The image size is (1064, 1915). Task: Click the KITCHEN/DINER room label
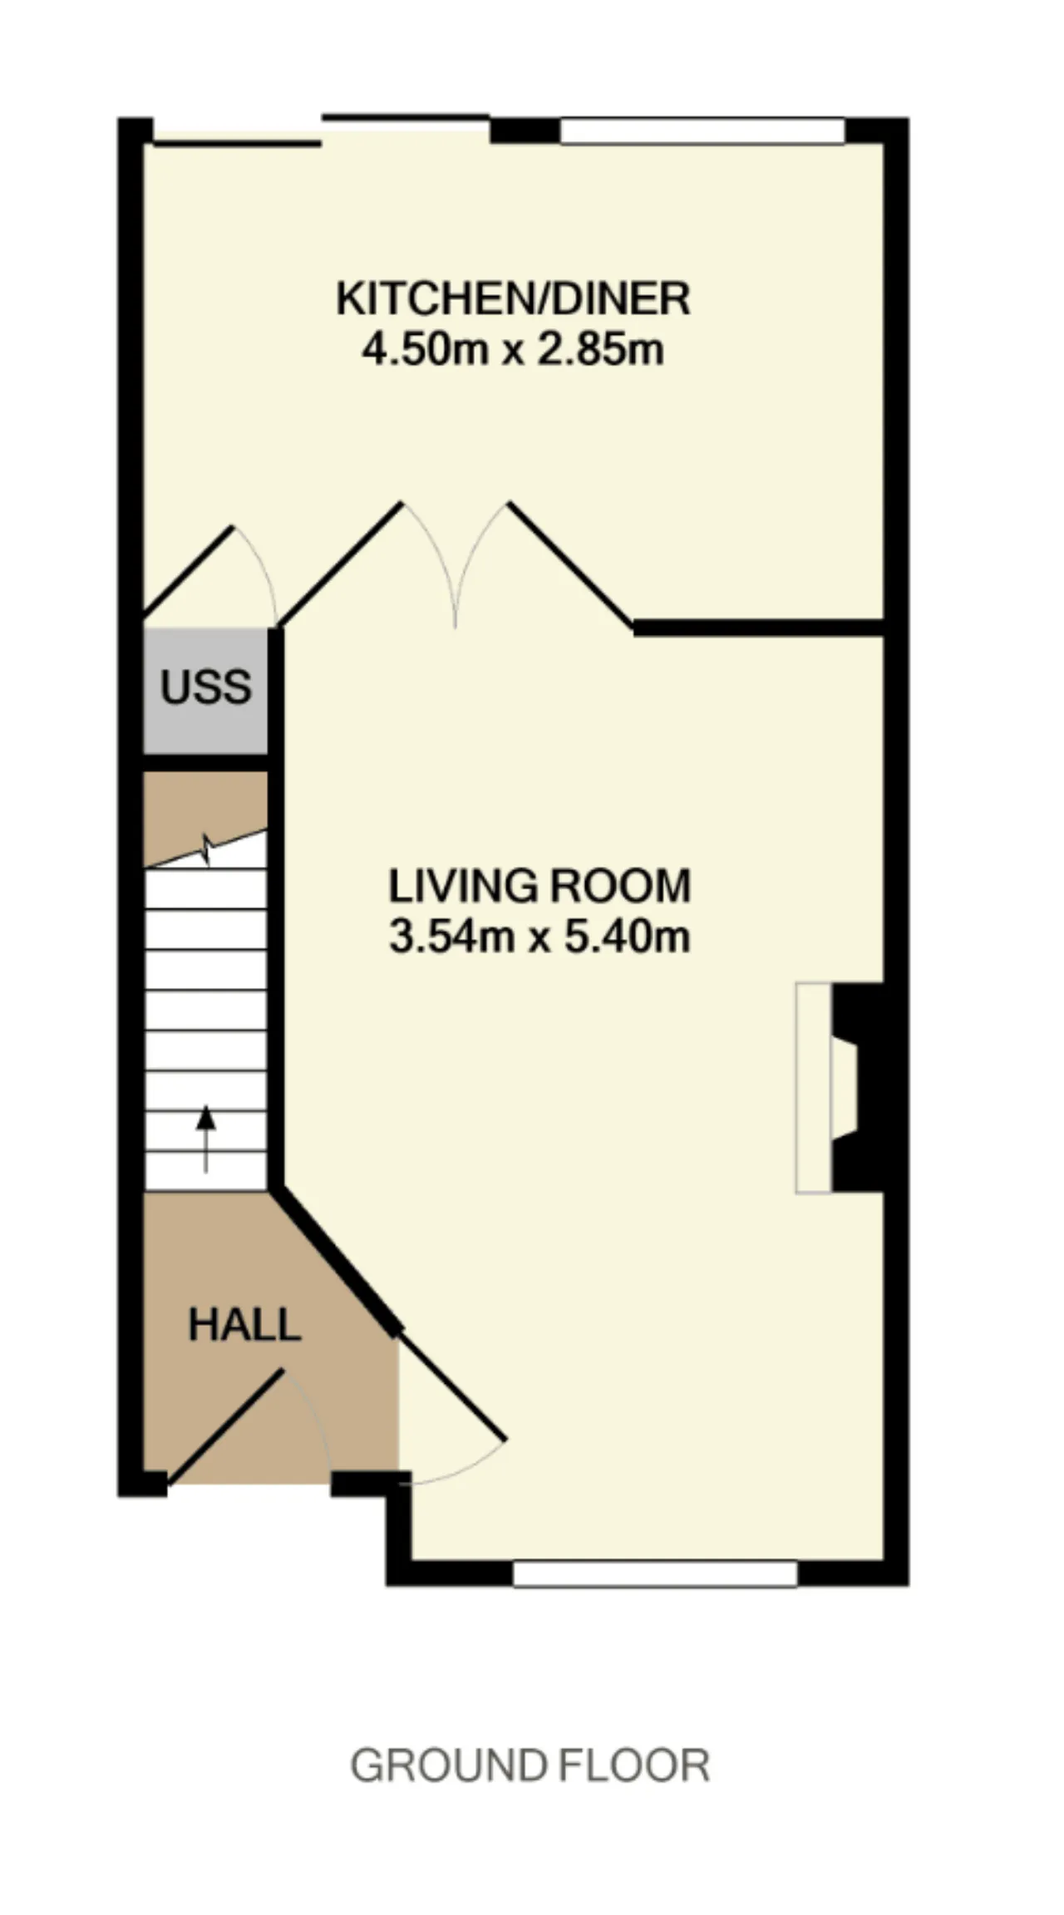tap(513, 298)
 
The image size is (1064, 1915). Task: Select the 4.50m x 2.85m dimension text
tap(513, 350)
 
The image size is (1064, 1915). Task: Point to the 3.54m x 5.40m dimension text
tap(539, 938)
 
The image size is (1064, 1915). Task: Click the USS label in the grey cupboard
tap(205, 687)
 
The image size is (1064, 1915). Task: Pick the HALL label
tap(244, 1325)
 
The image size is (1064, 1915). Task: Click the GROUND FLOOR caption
tap(530, 1765)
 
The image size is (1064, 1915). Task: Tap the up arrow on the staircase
tap(205, 1139)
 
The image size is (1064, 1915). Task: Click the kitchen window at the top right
tap(702, 131)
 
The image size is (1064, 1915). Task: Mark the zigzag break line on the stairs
tap(206, 849)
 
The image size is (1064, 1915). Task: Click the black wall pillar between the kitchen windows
tap(525, 131)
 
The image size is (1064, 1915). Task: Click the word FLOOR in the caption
tap(634, 1765)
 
